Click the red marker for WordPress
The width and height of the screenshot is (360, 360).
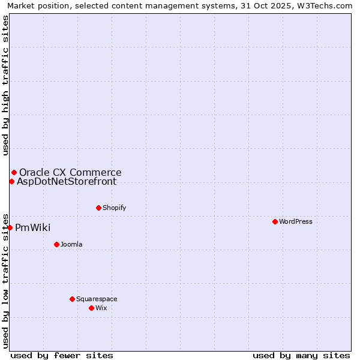point(275,221)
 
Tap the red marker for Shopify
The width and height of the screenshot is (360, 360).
point(98,208)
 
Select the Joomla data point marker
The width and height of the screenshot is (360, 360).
point(56,244)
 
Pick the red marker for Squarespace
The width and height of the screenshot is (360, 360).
point(72,299)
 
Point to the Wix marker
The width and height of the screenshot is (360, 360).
point(91,308)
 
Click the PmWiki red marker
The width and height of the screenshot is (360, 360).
point(10,227)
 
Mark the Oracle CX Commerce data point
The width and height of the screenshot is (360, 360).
point(14,172)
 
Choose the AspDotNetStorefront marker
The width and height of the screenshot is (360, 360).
point(11,181)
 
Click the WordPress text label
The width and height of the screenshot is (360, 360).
point(296,221)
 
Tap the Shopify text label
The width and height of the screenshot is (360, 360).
point(114,208)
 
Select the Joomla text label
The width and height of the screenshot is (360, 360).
point(71,244)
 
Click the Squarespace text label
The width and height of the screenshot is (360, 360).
point(97,299)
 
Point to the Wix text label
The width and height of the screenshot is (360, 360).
point(101,308)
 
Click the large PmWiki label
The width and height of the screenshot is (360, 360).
point(32,227)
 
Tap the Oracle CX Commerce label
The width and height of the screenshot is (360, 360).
point(70,172)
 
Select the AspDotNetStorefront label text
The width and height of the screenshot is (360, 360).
point(67,181)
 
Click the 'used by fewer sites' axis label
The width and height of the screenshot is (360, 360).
point(62,355)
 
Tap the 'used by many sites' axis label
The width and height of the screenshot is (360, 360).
point(301,355)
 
